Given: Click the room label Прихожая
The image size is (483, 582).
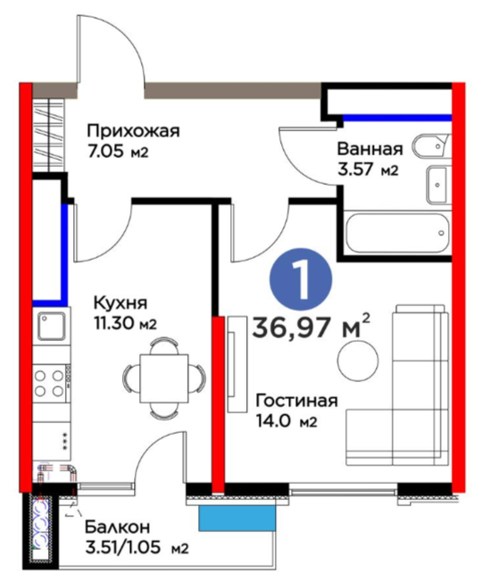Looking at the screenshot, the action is [133, 132].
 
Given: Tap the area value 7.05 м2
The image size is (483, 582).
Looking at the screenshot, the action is [118, 152].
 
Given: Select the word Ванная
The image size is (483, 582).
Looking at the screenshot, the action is [370, 149].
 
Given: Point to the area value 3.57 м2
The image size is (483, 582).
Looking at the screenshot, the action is [368, 170].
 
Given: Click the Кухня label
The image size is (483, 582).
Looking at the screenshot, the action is [121, 303].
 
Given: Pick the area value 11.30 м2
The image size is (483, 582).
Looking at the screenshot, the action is [125, 323].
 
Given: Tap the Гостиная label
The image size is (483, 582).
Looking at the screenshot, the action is [297, 401].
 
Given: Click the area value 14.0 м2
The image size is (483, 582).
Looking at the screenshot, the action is [287, 421].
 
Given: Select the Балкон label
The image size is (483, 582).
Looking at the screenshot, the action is [117, 527].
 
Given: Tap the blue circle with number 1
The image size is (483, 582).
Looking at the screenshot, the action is [301, 279].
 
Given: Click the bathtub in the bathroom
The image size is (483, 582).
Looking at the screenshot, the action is [396, 233].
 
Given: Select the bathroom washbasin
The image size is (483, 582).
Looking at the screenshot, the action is [437, 185].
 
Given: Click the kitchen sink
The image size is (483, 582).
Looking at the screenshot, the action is [52, 326].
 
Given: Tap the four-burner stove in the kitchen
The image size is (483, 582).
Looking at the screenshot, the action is [51, 383].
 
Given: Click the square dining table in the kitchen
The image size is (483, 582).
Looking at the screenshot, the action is [164, 378].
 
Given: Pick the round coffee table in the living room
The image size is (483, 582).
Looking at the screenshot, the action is [358, 361].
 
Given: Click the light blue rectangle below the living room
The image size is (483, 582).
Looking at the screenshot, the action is [237, 518].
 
